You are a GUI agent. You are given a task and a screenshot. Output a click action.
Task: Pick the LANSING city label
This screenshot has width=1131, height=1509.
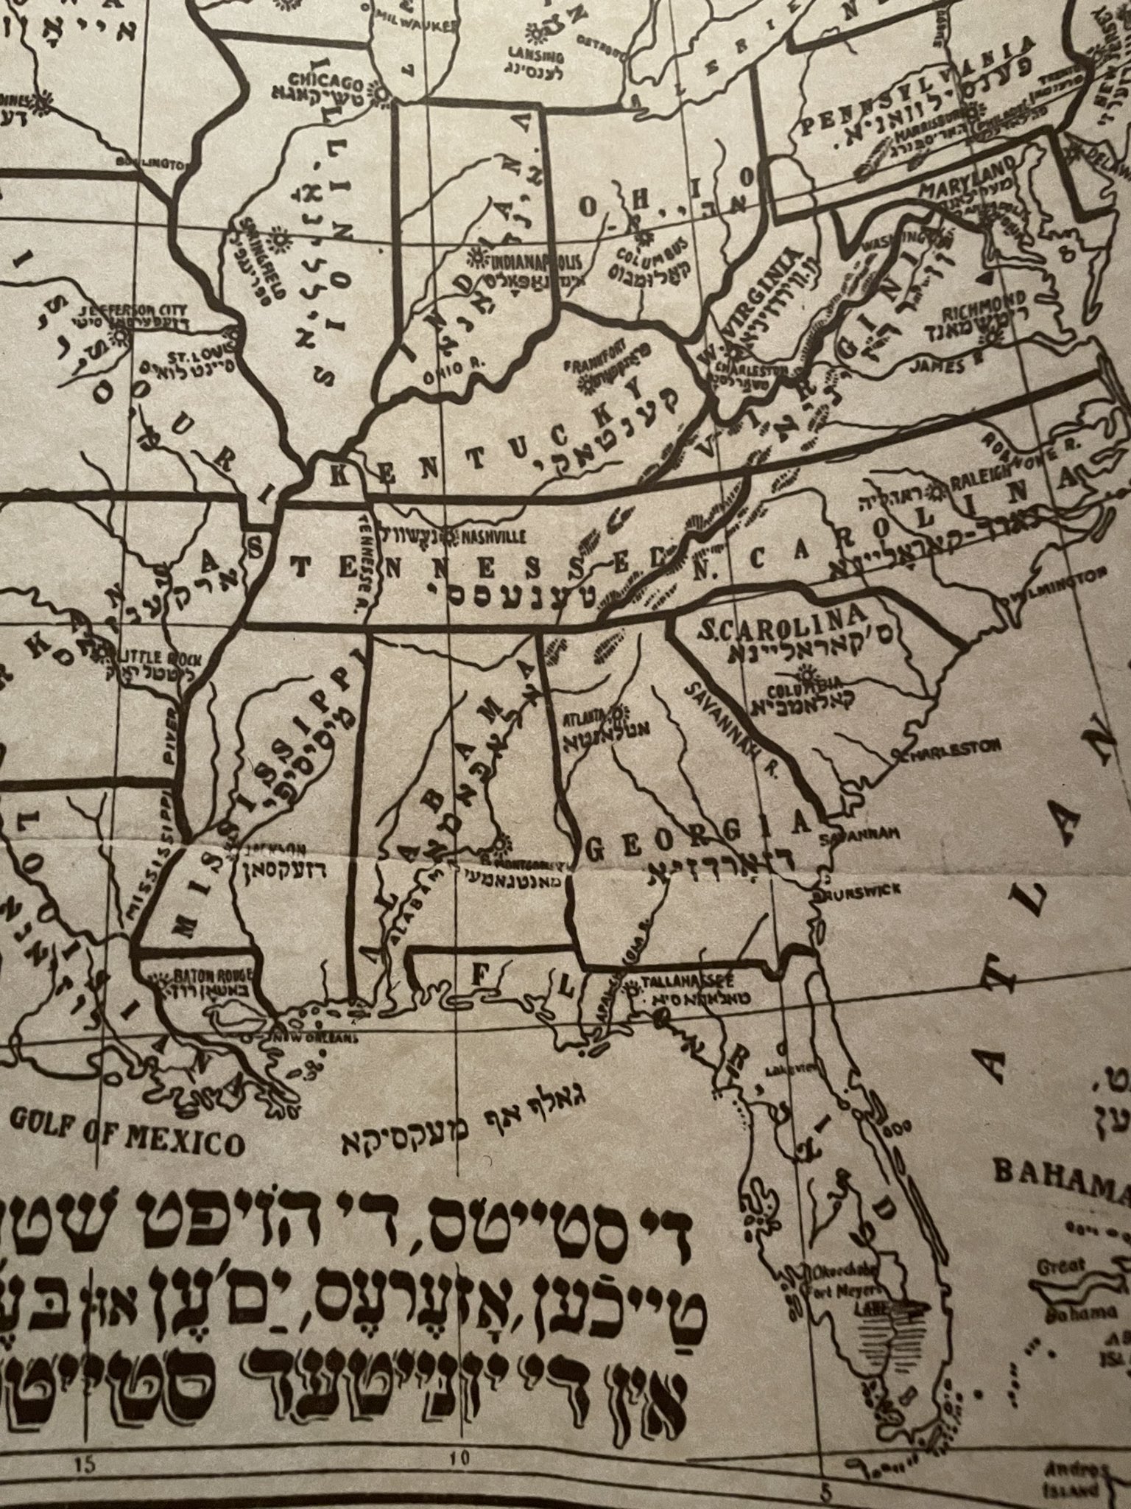(x=536, y=56)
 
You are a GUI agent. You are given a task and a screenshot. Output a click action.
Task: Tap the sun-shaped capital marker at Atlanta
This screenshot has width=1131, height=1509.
(x=617, y=712)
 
